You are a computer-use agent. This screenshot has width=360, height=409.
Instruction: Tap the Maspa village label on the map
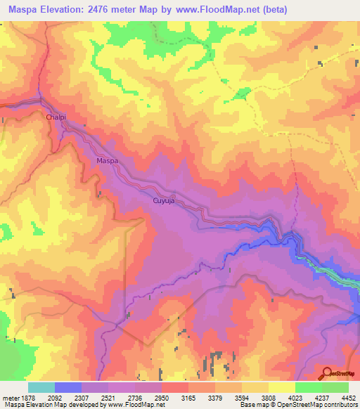pyautogui.click(x=107, y=161)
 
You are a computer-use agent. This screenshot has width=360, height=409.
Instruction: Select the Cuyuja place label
pyautogui.click(x=163, y=201)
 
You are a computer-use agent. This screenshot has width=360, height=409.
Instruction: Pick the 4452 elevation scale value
pyautogui.click(x=349, y=398)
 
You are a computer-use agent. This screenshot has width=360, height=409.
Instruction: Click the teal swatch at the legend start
pyautogui.click(x=41, y=387)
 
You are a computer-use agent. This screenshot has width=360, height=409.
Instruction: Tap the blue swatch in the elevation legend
pyautogui.click(x=68, y=387)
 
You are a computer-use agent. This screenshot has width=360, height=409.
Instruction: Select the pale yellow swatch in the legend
pyautogui.click(x=282, y=387)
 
